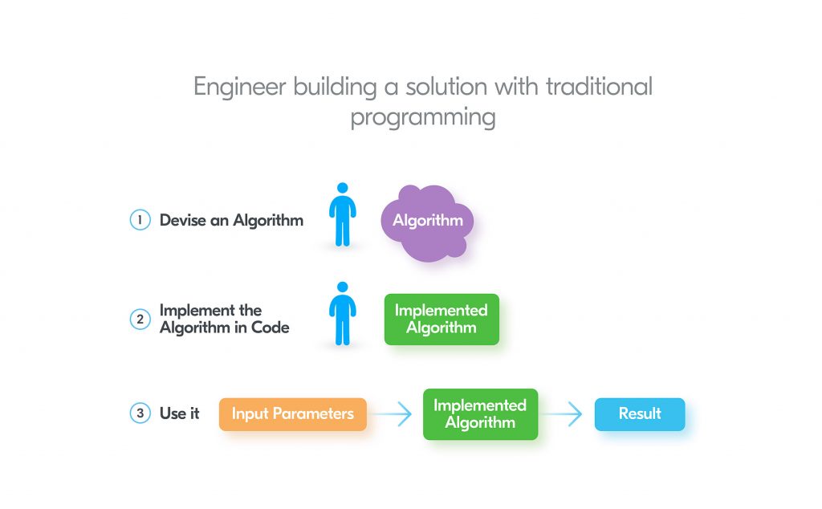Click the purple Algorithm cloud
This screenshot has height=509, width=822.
(x=427, y=222)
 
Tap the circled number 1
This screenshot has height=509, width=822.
(x=140, y=220)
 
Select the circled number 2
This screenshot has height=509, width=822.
(x=140, y=319)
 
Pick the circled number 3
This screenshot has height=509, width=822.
(x=140, y=414)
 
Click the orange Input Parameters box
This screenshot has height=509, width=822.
(x=292, y=414)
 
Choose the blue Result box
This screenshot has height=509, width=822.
(x=639, y=414)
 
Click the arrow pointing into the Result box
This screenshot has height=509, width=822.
(x=566, y=414)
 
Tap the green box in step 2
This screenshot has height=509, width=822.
(x=441, y=319)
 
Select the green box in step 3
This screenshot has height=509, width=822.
(x=480, y=414)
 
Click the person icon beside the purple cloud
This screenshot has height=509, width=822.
(x=343, y=215)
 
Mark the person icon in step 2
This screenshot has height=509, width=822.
(x=343, y=314)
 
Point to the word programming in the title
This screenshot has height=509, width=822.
(x=422, y=117)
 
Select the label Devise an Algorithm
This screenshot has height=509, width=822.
(x=231, y=220)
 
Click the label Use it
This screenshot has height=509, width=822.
(x=179, y=414)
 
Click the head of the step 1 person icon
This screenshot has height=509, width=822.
(x=343, y=188)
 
